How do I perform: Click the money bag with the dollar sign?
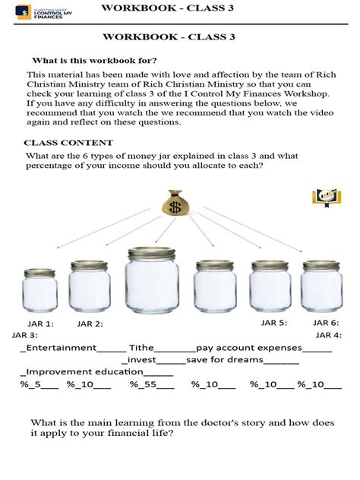(177, 203)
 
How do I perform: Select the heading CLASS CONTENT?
(68, 143)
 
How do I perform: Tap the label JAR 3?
(25, 335)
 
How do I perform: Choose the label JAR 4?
(328, 335)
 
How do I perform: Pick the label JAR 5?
(273, 323)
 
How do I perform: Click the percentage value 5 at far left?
(34, 384)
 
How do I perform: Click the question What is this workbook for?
(94, 61)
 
